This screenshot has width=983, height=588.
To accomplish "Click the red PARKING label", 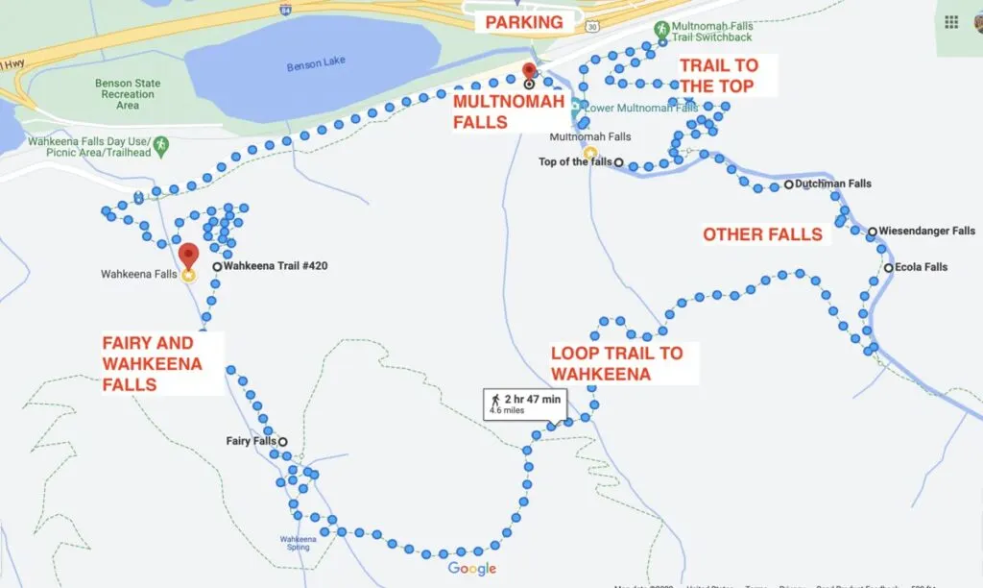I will coord(523,22).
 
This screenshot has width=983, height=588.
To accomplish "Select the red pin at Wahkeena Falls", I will coord(188,257).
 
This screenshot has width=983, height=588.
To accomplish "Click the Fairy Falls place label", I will coord(252,441).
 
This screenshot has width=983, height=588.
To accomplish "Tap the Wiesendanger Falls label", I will coord(926,232).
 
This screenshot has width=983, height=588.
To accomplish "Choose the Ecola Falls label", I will coord(922,267).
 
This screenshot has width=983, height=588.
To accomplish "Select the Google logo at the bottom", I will coord(472,569).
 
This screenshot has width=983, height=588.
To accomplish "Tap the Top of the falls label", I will coord(575,161).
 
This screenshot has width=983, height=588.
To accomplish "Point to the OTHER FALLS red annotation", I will coord(762,234).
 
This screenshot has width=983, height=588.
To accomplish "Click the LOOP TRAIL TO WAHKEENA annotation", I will coord(616,363).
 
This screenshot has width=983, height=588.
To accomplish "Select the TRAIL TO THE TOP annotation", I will coord(718,76).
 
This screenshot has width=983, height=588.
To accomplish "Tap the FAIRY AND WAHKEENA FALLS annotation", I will coord(153,364).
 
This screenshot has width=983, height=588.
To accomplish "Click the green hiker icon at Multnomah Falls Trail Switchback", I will coord(662,32).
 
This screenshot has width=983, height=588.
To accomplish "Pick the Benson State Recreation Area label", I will coord(127,94).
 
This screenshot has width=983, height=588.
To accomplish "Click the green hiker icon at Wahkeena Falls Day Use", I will coord(161,145).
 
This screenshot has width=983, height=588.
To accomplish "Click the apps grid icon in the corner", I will coord(951,22).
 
